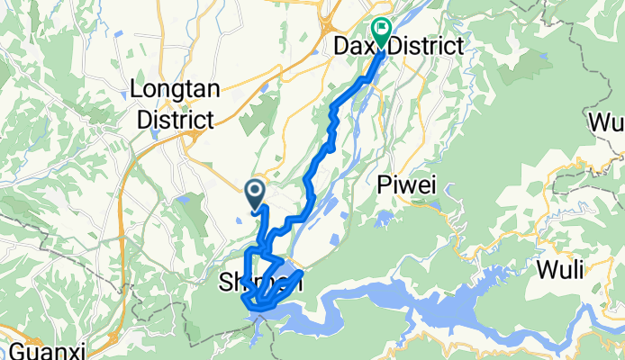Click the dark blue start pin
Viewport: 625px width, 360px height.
[254, 191]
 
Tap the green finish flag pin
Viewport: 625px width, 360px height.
[381, 33]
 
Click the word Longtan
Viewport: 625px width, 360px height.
[171, 89]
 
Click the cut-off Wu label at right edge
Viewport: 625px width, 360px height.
[607, 121]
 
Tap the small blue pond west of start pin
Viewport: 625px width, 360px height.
[185, 200]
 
